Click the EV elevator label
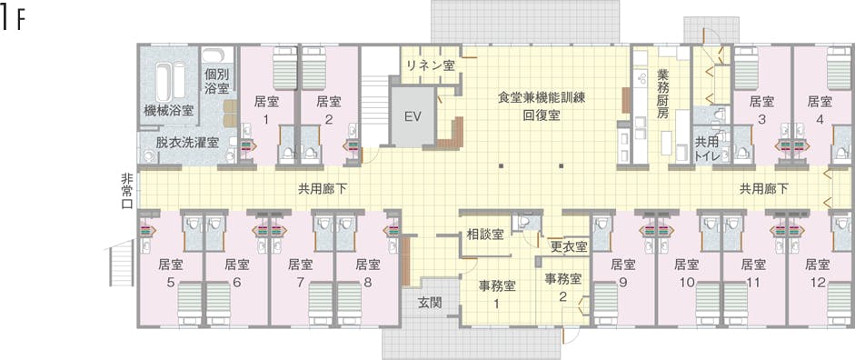pyautogui.click(x=413, y=116)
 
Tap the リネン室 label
pyautogui.click(x=431, y=65)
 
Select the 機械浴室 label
pyautogui.click(x=168, y=111)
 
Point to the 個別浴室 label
pyautogui.click(x=217, y=81)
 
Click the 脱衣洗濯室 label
pyautogui.click(x=187, y=143)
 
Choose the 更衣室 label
pyautogui.click(x=568, y=246)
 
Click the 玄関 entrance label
pyautogui.click(x=430, y=302)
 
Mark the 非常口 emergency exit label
pyautogui.click(x=126, y=190)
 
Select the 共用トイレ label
pyautogui.click(x=707, y=148)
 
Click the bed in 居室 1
pyautogui.click(x=283, y=69)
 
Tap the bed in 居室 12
pyautogui.click(x=840, y=304)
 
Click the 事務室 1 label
pyautogui.click(x=496, y=295)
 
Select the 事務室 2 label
pyautogui.click(x=563, y=287)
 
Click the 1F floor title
pyautogui.click(x=11, y=20)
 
